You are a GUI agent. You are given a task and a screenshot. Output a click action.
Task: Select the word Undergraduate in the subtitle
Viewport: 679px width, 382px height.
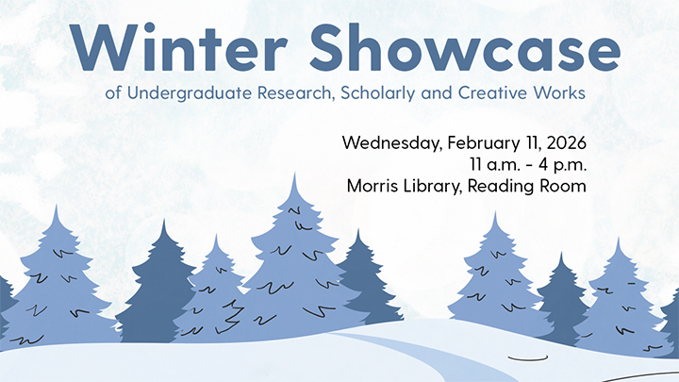pyautogui.click(x=179, y=94)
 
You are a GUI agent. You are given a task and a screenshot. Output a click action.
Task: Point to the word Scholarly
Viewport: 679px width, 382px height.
pyautogui.click(x=365, y=94)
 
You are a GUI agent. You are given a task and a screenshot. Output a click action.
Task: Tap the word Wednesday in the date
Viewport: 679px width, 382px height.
pyautogui.click(x=386, y=144)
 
